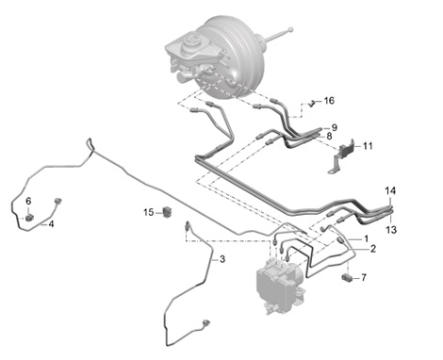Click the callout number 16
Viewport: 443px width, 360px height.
click(x=328, y=100)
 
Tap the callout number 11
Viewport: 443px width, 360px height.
click(x=368, y=146)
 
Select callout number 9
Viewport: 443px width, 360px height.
click(x=334, y=126)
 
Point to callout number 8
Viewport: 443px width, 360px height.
click(x=328, y=137)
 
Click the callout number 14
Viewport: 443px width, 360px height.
click(x=390, y=191)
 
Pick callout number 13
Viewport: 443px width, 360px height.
click(x=390, y=230)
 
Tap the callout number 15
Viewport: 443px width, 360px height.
click(x=148, y=212)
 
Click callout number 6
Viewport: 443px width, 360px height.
click(x=28, y=201)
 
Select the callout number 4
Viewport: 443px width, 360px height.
click(x=51, y=224)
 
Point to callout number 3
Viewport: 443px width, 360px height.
click(x=222, y=259)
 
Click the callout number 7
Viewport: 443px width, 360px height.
click(x=364, y=279)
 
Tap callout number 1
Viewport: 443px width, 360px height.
click(x=367, y=238)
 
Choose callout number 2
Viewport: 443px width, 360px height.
click(x=372, y=249)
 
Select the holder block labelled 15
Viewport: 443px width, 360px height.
click(x=169, y=210)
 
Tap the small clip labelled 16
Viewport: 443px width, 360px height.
click(x=309, y=104)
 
